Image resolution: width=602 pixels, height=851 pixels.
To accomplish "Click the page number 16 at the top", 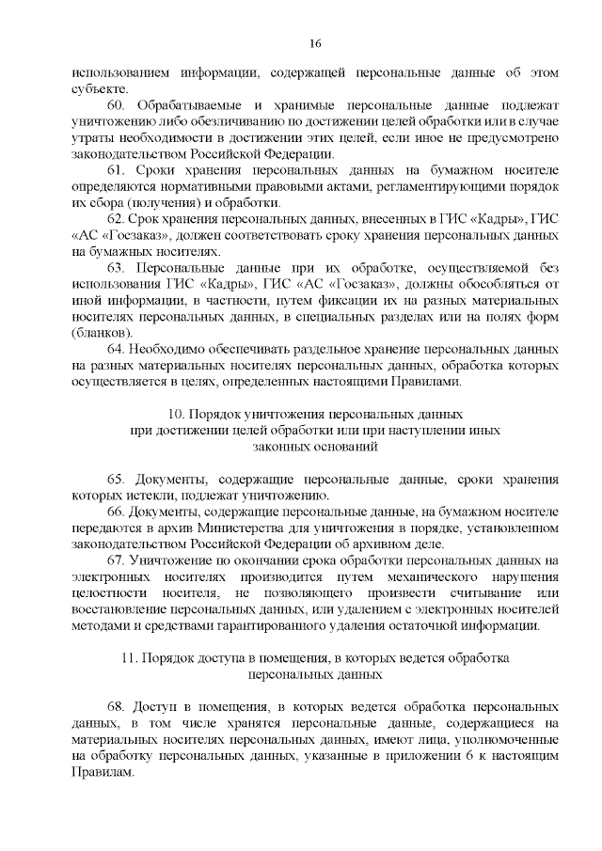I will tap(315, 43).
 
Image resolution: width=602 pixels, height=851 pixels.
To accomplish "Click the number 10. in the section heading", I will tap(174, 414).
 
